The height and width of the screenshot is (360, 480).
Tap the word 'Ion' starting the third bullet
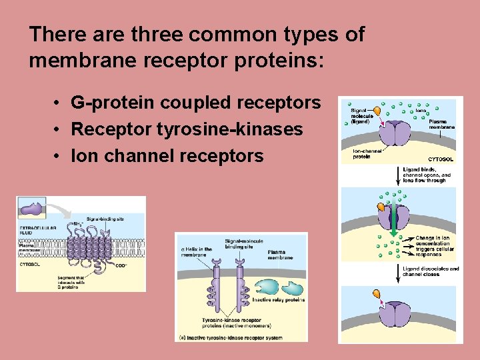(83, 156)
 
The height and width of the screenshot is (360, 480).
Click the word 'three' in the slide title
(163, 35)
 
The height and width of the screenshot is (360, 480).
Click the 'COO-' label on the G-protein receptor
(121, 265)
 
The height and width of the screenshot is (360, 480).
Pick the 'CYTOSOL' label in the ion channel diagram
(440, 159)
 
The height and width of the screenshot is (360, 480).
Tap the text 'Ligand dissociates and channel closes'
(431, 271)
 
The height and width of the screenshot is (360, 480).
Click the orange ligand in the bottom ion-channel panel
(377, 294)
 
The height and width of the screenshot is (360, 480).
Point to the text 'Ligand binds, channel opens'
(427, 175)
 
